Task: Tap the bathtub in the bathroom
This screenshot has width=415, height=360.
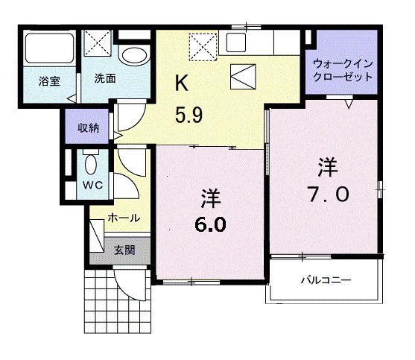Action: pyautogui.click(x=48, y=50)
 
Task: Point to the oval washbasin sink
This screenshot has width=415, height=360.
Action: pyautogui.click(x=134, y=55)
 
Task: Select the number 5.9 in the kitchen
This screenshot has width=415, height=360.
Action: pyautogui.click(x=189, y=116)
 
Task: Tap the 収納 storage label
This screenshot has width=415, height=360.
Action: pyautogui.click(x=88, y=127)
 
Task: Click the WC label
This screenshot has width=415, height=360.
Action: pyautogui.click(x=92, y=184)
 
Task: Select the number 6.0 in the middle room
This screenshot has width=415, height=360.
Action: pyautogui.click(x=209, y=224)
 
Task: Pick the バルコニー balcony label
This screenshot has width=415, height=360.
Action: pyautogui.click(x=325, y=281)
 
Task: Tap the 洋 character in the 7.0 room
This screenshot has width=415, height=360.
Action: pyautogui.click(x=327, y=164)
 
